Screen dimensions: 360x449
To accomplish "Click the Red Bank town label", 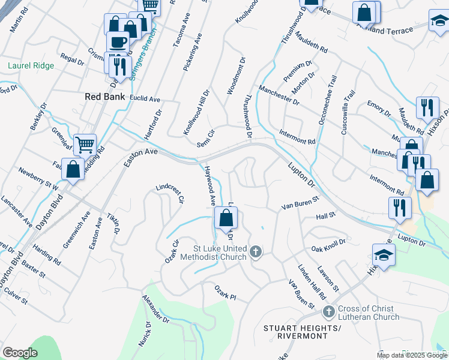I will tap(105, 97).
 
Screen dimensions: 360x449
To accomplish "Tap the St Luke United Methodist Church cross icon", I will tap(256, 251).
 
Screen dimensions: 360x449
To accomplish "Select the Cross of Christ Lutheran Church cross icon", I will tap(328, 312).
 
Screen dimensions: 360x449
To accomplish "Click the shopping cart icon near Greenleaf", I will tap(85, 144).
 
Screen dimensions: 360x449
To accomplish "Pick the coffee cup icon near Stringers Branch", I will tap(117, 43).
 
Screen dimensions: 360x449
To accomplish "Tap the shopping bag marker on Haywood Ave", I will tap(226, 219).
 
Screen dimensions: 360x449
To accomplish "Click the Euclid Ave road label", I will tap(146, 98).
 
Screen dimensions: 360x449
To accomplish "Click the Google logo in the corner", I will tap(20, 353).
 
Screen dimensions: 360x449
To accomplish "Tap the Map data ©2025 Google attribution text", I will tap(411, 355).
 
